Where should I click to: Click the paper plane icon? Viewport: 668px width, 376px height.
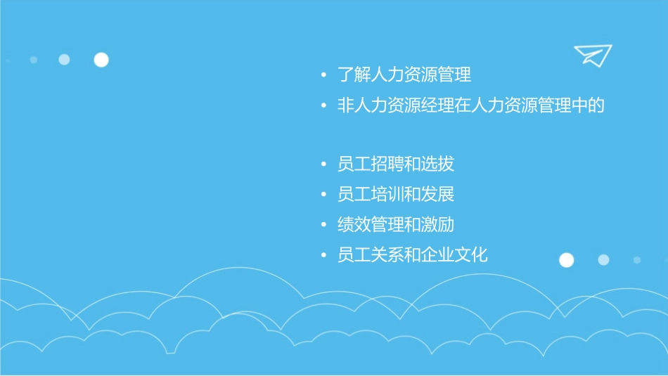pos(593,55)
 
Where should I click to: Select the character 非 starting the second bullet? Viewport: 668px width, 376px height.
pos(346,106)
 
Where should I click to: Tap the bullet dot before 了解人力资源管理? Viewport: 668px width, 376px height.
pos(323,75)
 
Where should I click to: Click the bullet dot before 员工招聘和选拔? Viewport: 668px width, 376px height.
pos(323,165)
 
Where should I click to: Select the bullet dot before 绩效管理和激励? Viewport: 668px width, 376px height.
pos(323,225)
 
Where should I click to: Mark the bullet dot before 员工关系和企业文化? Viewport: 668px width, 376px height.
pos(323,255)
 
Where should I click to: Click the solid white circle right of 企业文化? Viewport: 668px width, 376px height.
pos(566,260)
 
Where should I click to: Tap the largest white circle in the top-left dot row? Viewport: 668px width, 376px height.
pos(101,60)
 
